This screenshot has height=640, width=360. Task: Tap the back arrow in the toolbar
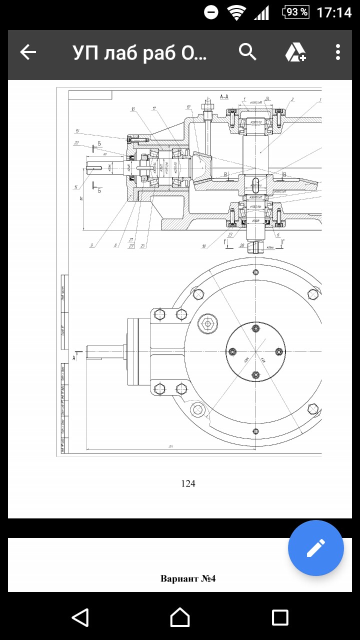point(28,52)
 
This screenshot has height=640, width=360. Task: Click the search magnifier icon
point(247,51)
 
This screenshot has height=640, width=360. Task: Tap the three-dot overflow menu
point(338,52)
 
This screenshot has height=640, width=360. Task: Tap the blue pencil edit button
point(315,548)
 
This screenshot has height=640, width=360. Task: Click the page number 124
point(188,483)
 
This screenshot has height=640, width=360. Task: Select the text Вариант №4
point(188,579)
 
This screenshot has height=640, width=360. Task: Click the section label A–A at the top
point(224,95)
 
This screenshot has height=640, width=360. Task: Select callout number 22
point(76,143)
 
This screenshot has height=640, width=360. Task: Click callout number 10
point(133,108)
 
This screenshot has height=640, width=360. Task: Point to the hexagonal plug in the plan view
point(207,323)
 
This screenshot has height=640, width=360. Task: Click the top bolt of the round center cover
point(256,328)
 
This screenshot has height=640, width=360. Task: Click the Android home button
point(180,617)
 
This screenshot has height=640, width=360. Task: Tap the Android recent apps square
point(280,617)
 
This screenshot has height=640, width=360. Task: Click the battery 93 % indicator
point(295,12)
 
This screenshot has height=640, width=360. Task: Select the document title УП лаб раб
point(139,52)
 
